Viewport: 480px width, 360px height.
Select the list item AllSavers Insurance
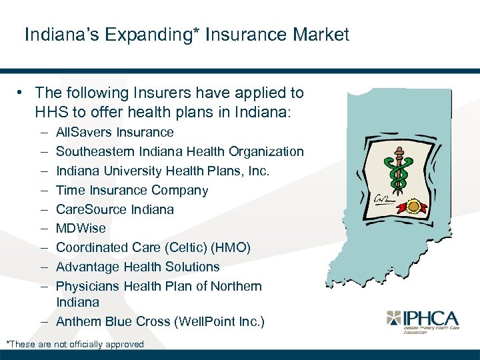(x=115, y=133)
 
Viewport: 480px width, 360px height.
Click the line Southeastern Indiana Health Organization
(x=179, y=152)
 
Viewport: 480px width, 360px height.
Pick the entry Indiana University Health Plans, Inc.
(x=163, y=171)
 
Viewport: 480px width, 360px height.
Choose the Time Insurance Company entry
(x=132, y=191)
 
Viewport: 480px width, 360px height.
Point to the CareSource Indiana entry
(x=115, y=209)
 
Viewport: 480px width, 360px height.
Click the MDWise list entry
(x=81, y=229)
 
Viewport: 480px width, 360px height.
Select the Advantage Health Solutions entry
(x=137, y=267)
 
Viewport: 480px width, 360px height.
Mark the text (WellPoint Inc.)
(x=219, y=322)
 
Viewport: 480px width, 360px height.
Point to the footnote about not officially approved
(x=75, y=345)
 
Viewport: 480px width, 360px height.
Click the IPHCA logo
(x=423, y=320)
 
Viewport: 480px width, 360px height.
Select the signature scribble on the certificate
(x=383, y=199)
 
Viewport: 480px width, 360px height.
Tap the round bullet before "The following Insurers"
(x=22, y=93)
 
